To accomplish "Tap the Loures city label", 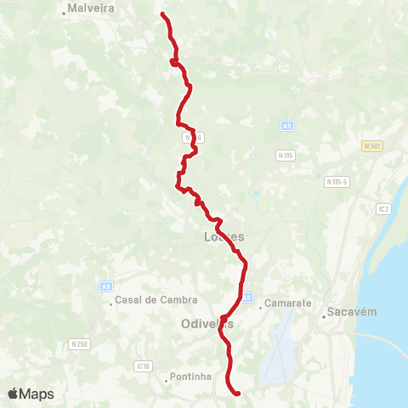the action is [x=224, y=237].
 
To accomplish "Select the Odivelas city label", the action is [x=207, y=324].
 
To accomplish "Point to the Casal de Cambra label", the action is [x=156, y=299].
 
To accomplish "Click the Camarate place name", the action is [x=288, y=303].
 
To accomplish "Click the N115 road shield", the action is [x=286, y=156].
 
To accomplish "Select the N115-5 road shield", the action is [x=337, y=181].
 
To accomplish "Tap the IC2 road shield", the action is [x=383, y=207].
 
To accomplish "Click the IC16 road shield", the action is [x=142, y=366].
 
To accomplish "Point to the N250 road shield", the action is [x=79, y=343].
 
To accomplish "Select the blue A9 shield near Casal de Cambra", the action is [x=106, y=286].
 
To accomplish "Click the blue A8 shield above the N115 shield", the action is [x=287, y=126].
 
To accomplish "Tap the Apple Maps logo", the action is [x=31, y=394].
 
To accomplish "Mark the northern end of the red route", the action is [x=162, y=14].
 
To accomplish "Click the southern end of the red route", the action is [x=237, y=393].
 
